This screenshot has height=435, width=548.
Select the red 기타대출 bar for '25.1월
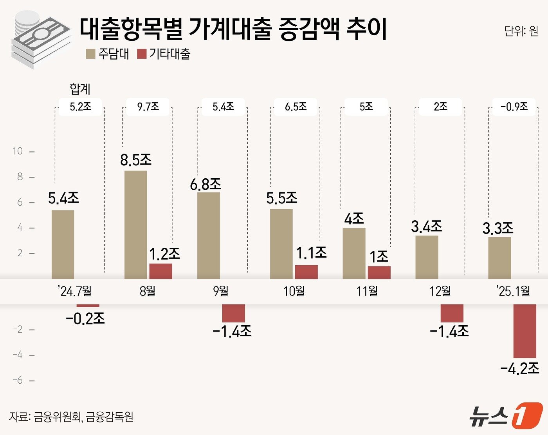tap(525, 331)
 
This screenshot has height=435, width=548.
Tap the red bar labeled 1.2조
tap(160, 271)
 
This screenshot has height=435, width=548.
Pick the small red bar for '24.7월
tap(88, 305)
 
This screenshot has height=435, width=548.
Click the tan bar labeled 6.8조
tap(208, 236)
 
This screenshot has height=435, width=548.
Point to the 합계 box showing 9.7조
tap(148, 107)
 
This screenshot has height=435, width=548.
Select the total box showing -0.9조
tap(514, 107)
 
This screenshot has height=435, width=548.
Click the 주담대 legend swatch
tap(90, 54)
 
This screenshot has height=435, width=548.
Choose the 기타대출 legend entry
tap(164, 54)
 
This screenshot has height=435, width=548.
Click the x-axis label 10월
tap(294, 291)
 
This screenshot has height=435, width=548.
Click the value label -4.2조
tap(519, 368)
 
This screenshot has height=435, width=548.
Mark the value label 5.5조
tap(281, 198)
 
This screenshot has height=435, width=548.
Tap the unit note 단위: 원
tap(521, 31)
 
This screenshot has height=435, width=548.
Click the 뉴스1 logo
tap(506, 415)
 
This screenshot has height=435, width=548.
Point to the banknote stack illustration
tap(41, 39)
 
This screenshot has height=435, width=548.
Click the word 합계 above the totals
tap(80, 89)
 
